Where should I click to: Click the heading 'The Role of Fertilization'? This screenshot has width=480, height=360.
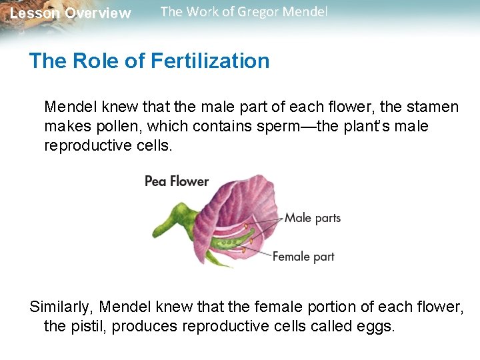pos(149,61)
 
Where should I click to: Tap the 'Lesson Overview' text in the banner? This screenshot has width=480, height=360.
pos(71,13)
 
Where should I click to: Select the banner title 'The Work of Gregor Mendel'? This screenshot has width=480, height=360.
pos(244,12)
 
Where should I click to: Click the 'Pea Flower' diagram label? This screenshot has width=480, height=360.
pos(177,181)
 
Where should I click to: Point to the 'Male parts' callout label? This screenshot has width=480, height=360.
pos(313,218)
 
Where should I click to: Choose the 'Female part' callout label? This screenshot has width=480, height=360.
pos(303,256)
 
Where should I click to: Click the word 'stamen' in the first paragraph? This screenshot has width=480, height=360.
pos(434,107)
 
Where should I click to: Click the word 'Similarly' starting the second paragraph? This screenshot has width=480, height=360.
pos(61,307)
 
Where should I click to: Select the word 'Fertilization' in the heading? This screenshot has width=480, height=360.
pos(210,61)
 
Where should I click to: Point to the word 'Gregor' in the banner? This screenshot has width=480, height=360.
pos(251,12)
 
